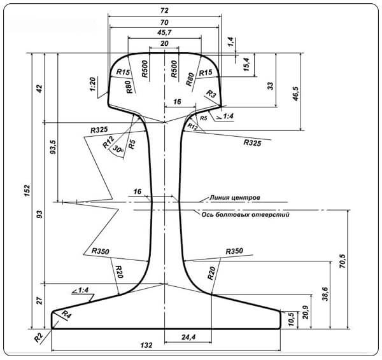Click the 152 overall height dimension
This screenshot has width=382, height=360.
coord(27,191)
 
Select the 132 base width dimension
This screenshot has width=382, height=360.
coord(146,345)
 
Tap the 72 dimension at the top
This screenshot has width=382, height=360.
coord(164,10)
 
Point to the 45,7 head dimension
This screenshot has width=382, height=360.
coord(164,32)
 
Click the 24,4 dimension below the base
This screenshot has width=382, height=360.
coord(188,337)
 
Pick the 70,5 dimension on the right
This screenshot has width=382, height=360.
coord(343,261)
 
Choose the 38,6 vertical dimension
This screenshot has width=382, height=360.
coord(325,294)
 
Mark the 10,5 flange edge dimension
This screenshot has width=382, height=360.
coord(291,319)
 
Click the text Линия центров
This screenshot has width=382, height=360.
coord(234,197)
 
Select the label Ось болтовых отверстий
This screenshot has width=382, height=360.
coord(245,215)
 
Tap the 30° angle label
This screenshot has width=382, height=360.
coord(118,149)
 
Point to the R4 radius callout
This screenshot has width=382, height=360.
coord(66,314)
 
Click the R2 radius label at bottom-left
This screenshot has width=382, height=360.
coord(38,337)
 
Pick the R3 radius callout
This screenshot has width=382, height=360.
coord(211,94)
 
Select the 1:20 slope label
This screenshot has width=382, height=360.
coord(92,85)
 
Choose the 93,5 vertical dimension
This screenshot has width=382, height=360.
coord(52,146)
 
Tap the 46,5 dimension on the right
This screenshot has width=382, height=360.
coord(295,93)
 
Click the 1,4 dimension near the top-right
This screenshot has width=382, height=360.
coord(230,41)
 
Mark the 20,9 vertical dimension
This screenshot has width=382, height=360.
coord(305,312)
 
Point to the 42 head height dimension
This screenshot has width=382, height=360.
coord(39,88)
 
